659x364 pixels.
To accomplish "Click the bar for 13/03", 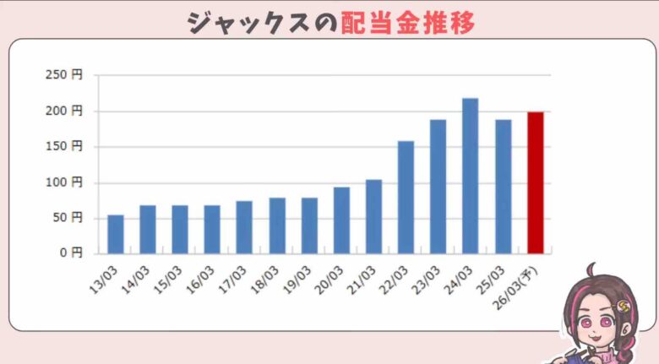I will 116,234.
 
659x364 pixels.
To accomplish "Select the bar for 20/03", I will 341,220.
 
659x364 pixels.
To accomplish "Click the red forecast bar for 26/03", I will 536,182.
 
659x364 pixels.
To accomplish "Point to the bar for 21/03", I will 373,216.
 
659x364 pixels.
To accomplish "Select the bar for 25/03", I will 503,187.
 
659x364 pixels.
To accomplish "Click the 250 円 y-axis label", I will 64,75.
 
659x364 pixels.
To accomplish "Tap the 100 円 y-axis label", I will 64,182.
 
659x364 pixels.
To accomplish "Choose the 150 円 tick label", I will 64,146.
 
